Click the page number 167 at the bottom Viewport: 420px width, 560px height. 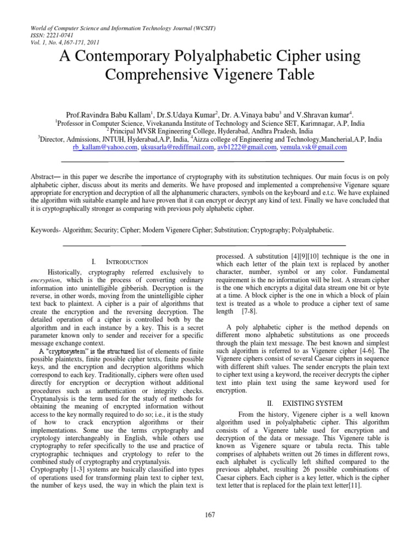210,514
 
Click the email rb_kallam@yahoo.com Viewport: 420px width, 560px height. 105,148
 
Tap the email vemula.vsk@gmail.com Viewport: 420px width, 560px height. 313,148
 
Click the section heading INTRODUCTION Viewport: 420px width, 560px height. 126,262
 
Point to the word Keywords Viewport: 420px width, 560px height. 46,231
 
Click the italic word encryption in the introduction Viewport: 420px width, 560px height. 45,280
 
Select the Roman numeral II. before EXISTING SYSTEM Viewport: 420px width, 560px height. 270,403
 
